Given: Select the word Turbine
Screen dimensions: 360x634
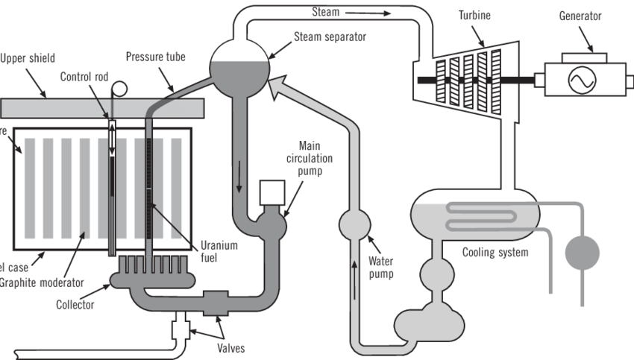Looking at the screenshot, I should tap(474, 16).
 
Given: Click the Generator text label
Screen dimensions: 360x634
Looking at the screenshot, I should tap(580, 16).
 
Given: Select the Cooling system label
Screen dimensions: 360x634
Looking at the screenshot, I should tap(495, 252).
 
